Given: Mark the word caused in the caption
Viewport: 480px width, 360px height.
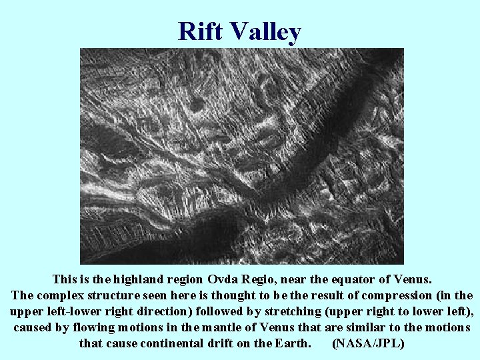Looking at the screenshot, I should pyautogui.click(x=33, y=327).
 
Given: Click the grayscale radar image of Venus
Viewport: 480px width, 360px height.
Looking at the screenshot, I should pyautogui.click(x=241, y=156).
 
